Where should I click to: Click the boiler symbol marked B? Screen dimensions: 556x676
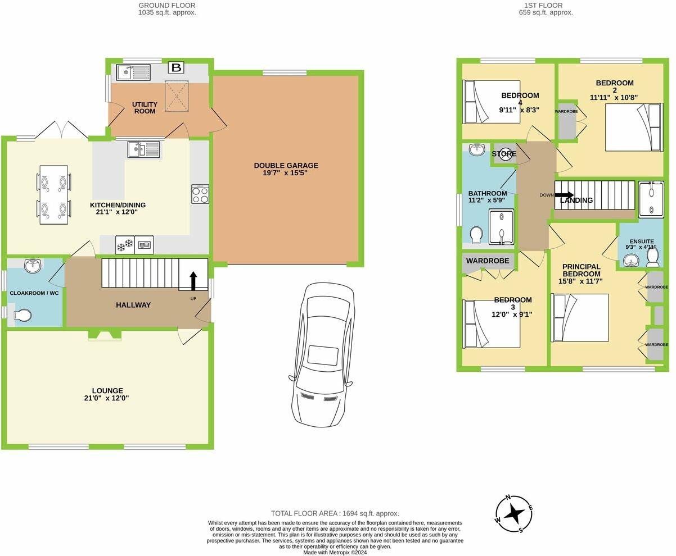177,68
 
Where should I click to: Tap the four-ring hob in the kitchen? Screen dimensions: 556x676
200,194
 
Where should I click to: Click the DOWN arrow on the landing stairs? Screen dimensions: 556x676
564,195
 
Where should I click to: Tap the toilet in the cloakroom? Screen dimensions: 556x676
21,316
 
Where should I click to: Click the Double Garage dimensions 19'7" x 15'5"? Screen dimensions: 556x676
286,173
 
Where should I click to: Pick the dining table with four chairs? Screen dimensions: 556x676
53,195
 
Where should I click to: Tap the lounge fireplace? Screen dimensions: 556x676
105,335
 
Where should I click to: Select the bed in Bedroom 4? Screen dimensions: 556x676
483,102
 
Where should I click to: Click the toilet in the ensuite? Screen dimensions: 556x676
652,257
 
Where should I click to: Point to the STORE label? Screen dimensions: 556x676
503,154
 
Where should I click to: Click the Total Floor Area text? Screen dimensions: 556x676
335,513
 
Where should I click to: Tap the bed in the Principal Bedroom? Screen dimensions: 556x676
580,317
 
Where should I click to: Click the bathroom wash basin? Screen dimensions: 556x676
477,149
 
